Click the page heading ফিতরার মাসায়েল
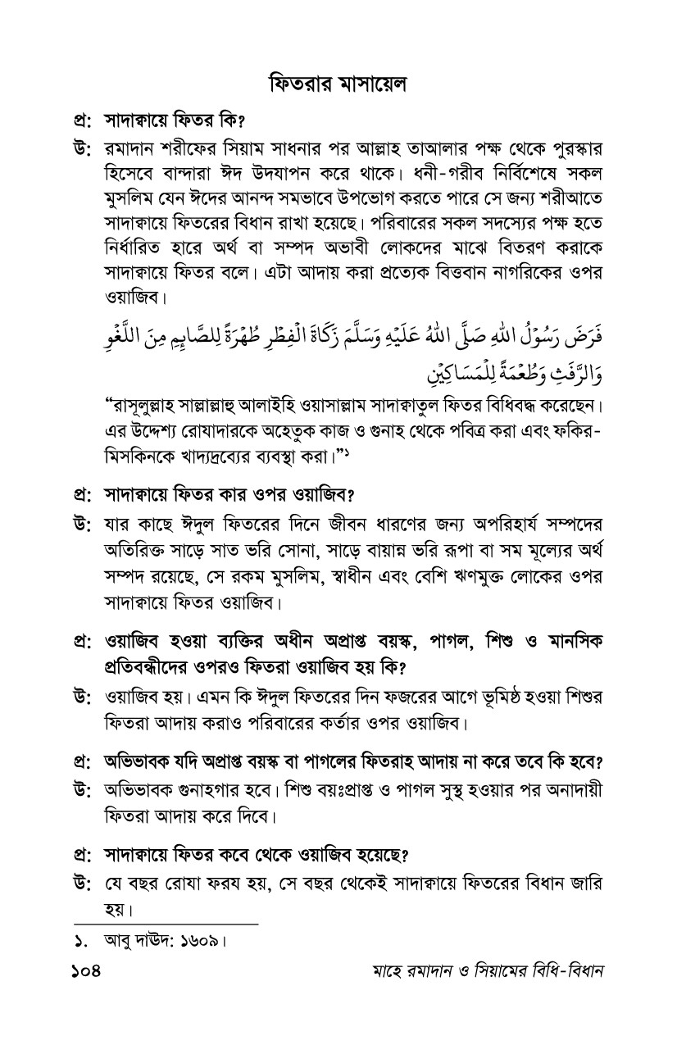coord(338,84)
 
